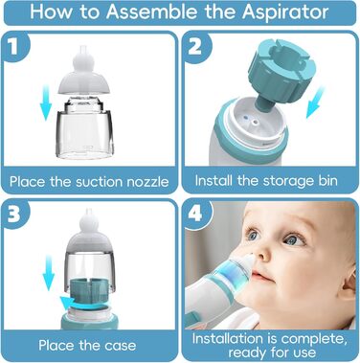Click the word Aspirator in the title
coord(285,12)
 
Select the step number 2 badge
coord(195,47)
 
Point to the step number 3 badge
coord(13,214)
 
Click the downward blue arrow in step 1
coord(45,102)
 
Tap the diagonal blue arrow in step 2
coord(315,102)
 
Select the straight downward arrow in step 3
coord(48,272)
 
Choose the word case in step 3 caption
coord(120,346)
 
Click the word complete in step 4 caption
coord(314,338)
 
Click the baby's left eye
coord(293,238)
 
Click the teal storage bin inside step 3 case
coord(88,290)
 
